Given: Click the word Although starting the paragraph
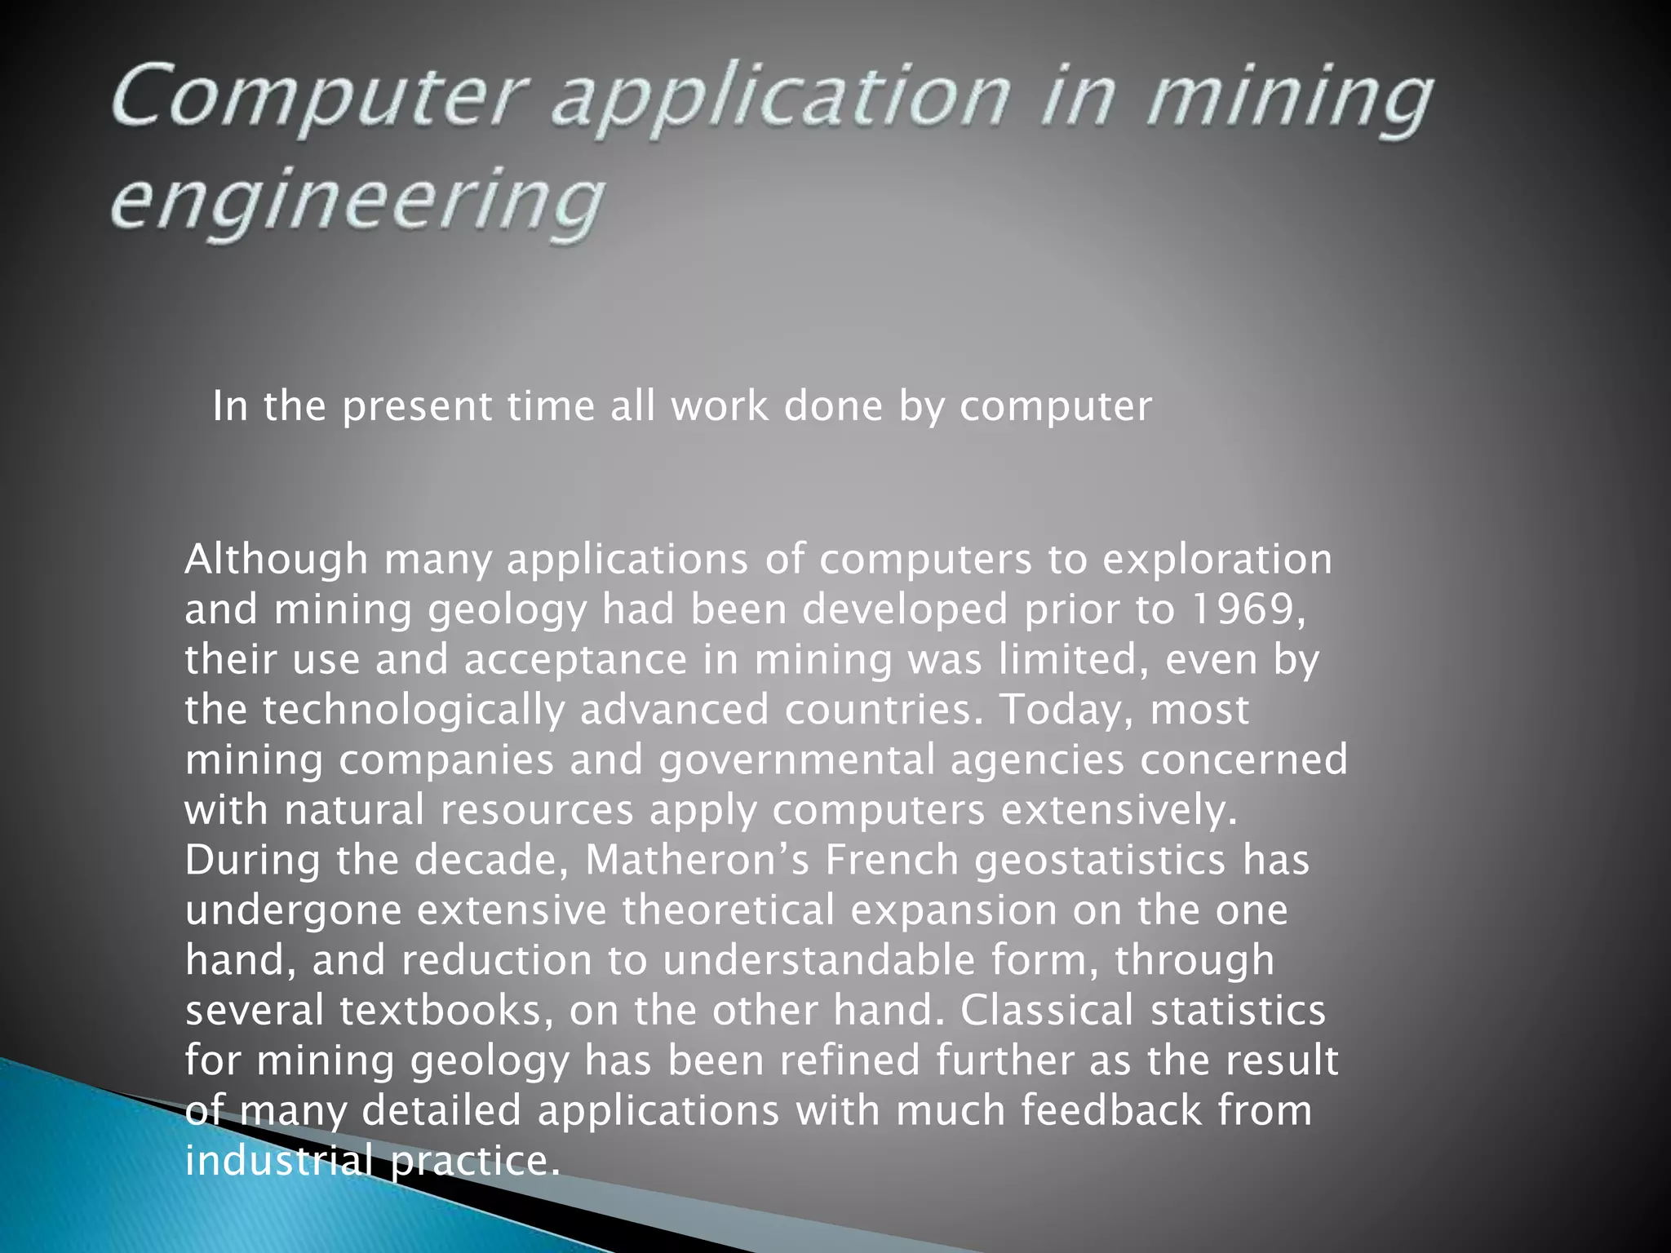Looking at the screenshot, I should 277,560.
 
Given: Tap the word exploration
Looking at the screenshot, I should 1217,560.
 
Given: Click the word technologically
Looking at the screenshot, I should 413,710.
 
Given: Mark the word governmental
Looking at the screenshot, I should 797,760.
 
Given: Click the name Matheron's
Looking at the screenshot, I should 697,860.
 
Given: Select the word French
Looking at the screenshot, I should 892,860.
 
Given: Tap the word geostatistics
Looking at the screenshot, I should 1100,861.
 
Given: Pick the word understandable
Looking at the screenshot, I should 818,960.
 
